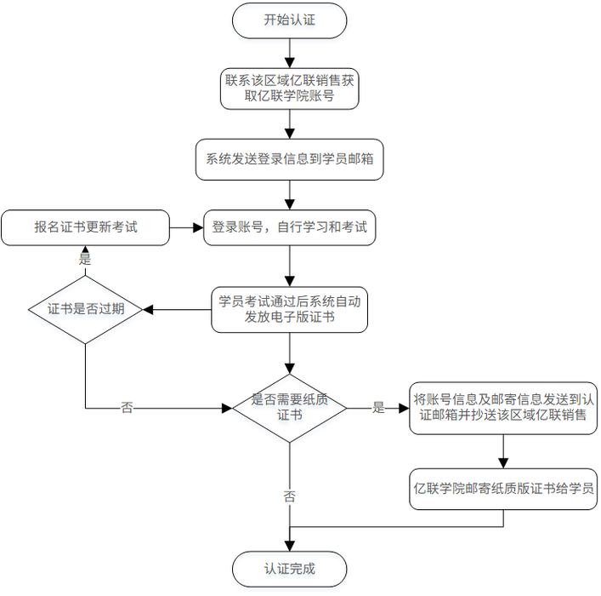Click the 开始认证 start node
point(289,20)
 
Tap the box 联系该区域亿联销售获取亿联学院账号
point(289,89)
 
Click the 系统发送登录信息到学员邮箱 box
point(289,159)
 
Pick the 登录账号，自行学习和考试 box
point(289,227)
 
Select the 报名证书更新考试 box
point(85,227)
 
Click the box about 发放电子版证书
point(289,309)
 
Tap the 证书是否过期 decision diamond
point(85,309)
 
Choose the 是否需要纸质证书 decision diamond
point(289,408)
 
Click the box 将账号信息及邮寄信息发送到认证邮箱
point(505,408)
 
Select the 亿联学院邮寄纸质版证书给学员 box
point(505,489)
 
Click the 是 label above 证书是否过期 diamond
point(85,258)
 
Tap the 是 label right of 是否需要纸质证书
point(378,408)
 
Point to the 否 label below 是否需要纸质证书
point(289,496)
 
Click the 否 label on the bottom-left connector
point(127,408)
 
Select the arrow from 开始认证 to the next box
point(289,54)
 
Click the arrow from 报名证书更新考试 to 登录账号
point(186,227)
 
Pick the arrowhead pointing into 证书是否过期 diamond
point(148,309)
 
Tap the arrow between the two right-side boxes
point(505,451)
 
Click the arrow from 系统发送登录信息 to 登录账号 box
point(289,194)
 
